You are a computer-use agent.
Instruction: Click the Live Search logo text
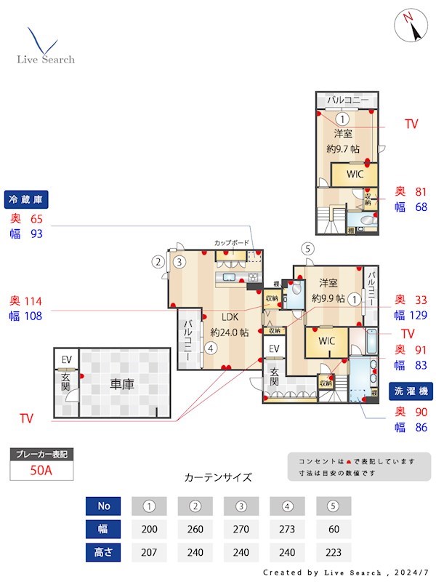(46, 59)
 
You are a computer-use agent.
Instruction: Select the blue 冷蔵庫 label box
(26, 199)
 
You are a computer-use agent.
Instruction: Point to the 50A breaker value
(41, 470)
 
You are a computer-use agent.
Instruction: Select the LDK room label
(230, 317)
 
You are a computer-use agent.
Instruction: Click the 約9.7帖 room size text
(343, 148)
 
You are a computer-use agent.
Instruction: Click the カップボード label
(232, 242)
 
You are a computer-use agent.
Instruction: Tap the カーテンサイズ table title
(218, 478)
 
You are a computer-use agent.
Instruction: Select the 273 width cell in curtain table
(287, 529)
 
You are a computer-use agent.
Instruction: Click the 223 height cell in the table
(334, 551)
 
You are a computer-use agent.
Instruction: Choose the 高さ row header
(102, 551)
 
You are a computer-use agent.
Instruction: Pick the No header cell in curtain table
(102, 506)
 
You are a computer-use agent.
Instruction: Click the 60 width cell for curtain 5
(334, 529)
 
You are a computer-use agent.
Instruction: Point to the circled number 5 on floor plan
(308, 249)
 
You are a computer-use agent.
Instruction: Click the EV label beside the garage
(66, 359)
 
